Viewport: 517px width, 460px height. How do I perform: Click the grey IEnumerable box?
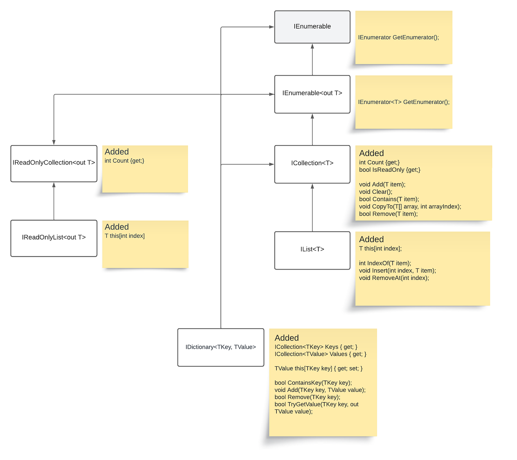(x=312, y=27)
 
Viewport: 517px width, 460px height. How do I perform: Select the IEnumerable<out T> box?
(x=312, y=94)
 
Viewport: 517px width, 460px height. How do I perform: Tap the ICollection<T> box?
(x=312, y=164)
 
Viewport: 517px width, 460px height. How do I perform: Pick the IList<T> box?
(x=312, y=250)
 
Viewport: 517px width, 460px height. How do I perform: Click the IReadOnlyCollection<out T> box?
(x=54, y=163)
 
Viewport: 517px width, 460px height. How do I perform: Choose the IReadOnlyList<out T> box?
(x=54, y=238)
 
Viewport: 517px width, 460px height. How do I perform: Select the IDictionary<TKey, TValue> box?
(x=220, y=347)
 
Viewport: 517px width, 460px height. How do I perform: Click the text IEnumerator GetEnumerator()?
(x=398, y=37)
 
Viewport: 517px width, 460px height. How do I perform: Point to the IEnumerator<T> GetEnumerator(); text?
(x=404, y=102)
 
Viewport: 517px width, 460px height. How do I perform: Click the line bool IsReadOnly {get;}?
(x=389, y=170)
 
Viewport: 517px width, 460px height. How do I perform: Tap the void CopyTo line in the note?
(x=410, y=206)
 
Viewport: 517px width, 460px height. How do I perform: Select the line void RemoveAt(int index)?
(x=394, y=278)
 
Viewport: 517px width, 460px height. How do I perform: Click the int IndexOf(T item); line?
(x=385, y=263)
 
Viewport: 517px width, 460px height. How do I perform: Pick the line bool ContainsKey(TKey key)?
(x=313, y=383)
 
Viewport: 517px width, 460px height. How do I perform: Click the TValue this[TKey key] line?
(x=318, y=368)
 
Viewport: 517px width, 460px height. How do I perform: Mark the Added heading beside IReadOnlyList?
(x=116, y=227)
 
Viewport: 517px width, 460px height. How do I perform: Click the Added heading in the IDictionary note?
(x=286, y=338)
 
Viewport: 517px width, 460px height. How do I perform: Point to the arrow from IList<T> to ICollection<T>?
(x=312, y=208)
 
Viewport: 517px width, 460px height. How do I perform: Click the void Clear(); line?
(x=375, y=192)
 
